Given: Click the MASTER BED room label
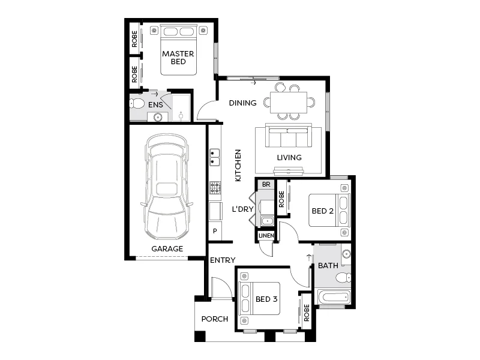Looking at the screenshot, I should [x=178, y=58].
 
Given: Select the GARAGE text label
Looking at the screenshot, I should [x=167, y=248].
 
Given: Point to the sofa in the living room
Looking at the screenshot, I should [x=289, y=137].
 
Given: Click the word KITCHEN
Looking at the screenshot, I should [x=238, y=166].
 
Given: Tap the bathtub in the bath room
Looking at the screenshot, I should [x=333, y=296].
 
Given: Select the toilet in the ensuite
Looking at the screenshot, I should [x=137, y=104].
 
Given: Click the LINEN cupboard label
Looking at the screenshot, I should [x=266, y=236].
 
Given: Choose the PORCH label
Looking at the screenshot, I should [x=214, y=319].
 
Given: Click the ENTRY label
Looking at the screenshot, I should [x=223, y=260].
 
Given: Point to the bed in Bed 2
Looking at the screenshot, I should [x=328, y=210].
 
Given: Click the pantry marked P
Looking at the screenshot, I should [x=215, y=231].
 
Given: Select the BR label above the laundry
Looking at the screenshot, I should [x=266, y=184].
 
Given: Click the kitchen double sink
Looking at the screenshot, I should [x=214, y=157].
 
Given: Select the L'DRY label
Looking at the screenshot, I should [x=243, y=209].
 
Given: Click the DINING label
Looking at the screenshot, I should [x=242, y=103].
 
